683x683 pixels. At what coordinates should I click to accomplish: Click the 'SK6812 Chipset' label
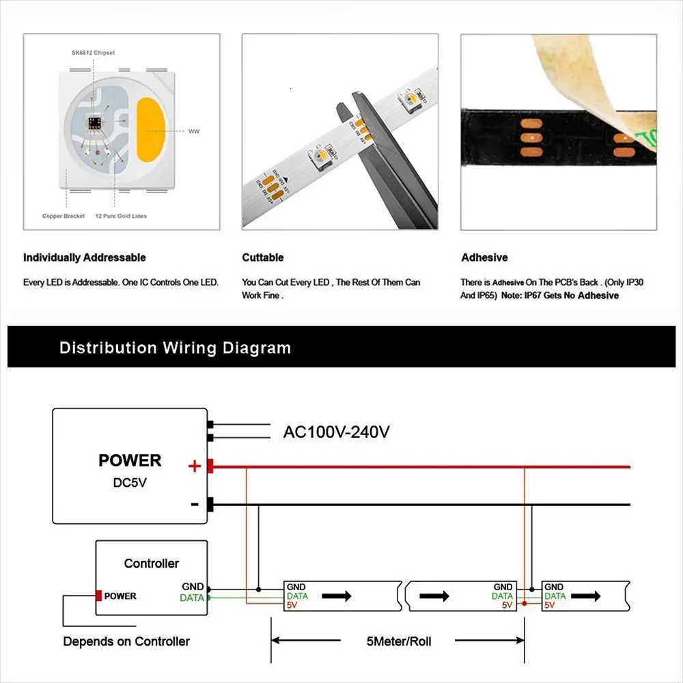click(x=93, y=53)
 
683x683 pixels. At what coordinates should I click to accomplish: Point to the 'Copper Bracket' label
click(x=64, y=216)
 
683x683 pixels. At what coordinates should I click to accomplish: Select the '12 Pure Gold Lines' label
click(x=121, y=216)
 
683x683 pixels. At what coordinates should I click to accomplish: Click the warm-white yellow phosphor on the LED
click(x=151, y=129)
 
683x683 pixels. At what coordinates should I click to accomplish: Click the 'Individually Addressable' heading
click(x=85, y=257)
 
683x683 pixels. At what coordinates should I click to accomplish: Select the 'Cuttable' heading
click(x=263, y=257)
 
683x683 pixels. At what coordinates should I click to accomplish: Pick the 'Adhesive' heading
click(x=484, y=257)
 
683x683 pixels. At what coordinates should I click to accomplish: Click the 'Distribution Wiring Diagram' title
click(x=175, y=348)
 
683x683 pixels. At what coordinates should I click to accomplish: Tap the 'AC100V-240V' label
click(x=337, y=432)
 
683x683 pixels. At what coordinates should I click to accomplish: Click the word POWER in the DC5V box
click(x=130, y=460)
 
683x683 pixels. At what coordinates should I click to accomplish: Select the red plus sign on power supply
click(x=195, y=466)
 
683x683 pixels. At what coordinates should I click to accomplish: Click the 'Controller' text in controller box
click(x=152, y=563)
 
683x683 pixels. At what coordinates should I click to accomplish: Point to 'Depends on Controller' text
click(x=126, y=641)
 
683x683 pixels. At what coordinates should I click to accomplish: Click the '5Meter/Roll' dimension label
click(x=398, y=641)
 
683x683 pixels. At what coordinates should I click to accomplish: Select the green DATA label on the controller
click(x=191, y=598)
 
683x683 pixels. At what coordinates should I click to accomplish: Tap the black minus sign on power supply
click(x=195, y=505)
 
